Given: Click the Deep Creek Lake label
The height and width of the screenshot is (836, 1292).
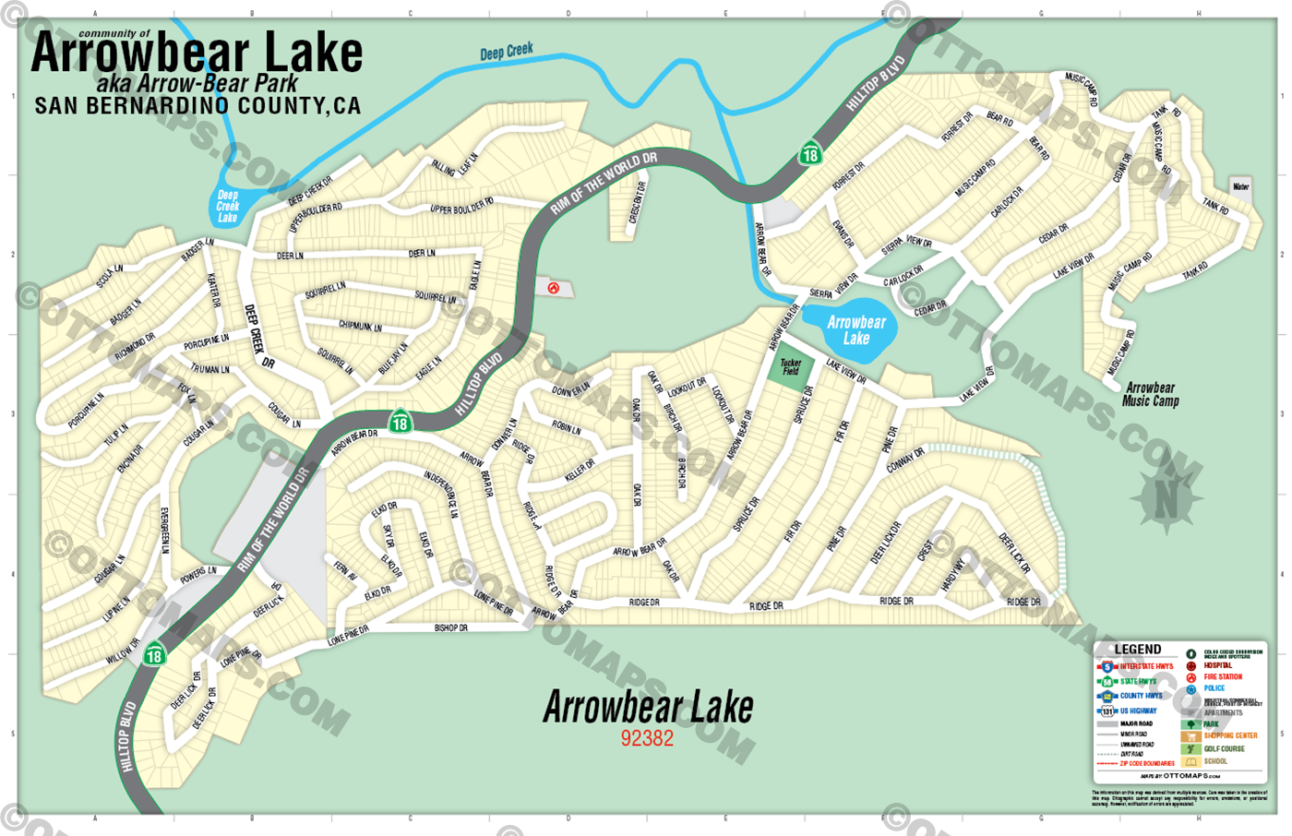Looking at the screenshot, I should (x=228, y=207).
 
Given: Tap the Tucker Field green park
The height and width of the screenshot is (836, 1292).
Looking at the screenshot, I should (x=791, y=367).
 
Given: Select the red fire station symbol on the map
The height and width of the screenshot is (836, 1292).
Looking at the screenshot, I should (x=554, y=288).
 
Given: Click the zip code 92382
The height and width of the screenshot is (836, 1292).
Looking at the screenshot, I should (x=647, y=738).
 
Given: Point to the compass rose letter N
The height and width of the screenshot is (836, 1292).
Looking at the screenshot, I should (x=1166, y=500).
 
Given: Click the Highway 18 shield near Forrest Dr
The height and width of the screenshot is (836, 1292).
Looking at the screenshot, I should (x=810, y=153).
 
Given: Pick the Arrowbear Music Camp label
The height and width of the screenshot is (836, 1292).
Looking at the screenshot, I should (x=1150, y=394).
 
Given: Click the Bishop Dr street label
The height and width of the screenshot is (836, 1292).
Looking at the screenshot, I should (x=451, y=627).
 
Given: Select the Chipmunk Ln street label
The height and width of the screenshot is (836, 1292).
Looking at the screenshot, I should (x=360, y=326).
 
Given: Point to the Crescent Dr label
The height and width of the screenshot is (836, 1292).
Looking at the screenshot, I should (x=636, y=202).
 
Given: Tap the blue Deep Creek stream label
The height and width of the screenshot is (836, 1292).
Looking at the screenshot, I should (x=506, y=52).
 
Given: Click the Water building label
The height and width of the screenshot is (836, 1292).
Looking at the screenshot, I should (x=1241, y=186).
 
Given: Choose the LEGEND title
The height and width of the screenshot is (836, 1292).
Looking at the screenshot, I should (x=1137, y=649).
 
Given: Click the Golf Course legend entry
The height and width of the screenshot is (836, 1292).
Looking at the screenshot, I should (x=1224, y=748).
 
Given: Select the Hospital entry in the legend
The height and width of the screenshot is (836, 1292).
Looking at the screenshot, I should (x=1217, y=665).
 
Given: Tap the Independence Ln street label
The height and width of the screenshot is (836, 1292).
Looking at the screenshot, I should (x=441, y=493).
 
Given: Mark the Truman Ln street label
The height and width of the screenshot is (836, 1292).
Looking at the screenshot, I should (x=210, y=369).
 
